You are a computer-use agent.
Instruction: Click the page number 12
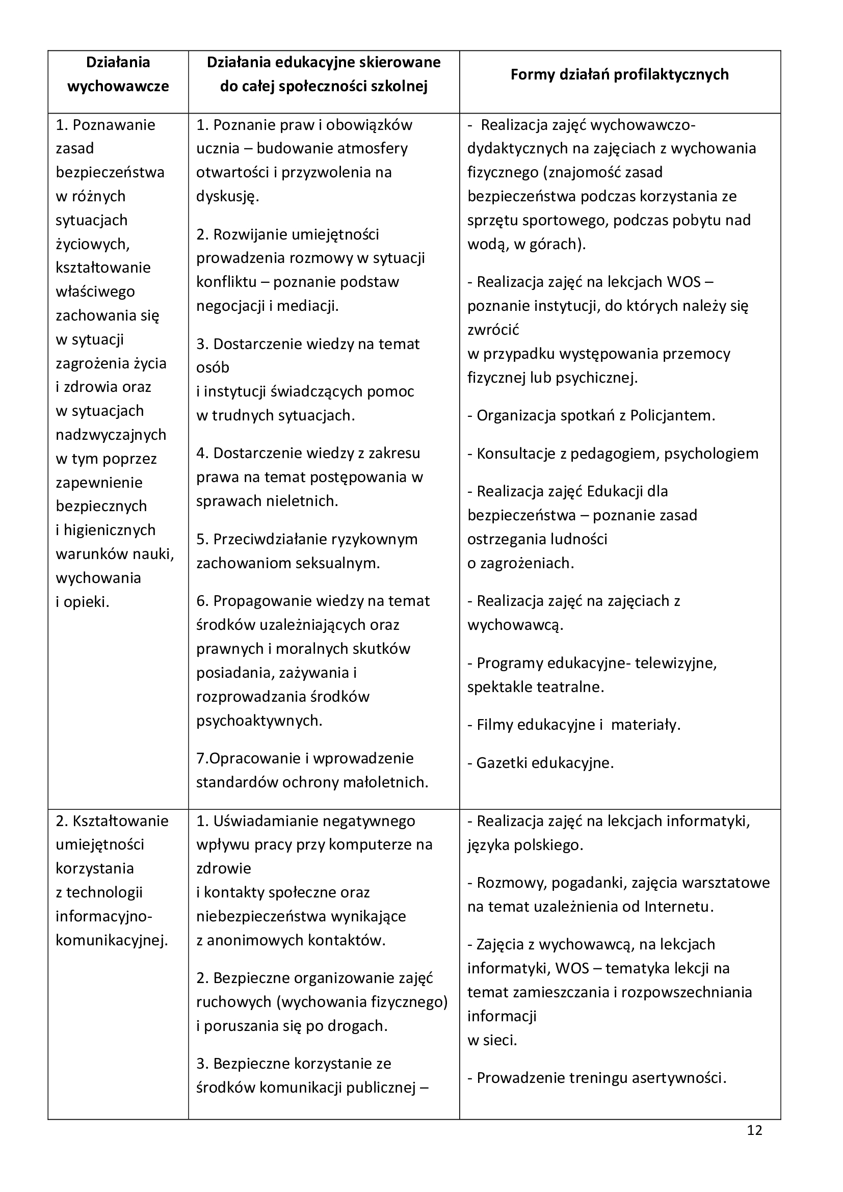pyautogui.click(x=754, y=1130)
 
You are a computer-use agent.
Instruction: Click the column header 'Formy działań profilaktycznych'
pyautogui.click(x=619, y=75)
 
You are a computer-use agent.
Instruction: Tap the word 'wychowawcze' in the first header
pyautogui.click(x=118, y=86)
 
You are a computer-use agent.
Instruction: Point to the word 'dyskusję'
pyautogui.click(x=227, y=196)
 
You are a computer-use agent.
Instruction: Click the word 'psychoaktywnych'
pyautogui.click(x=258, y=721)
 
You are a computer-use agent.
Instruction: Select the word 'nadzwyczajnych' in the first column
pyautogui.click(x=111, y=435)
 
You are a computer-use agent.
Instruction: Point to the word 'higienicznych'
pyautogui.click(x=110, y=530)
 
